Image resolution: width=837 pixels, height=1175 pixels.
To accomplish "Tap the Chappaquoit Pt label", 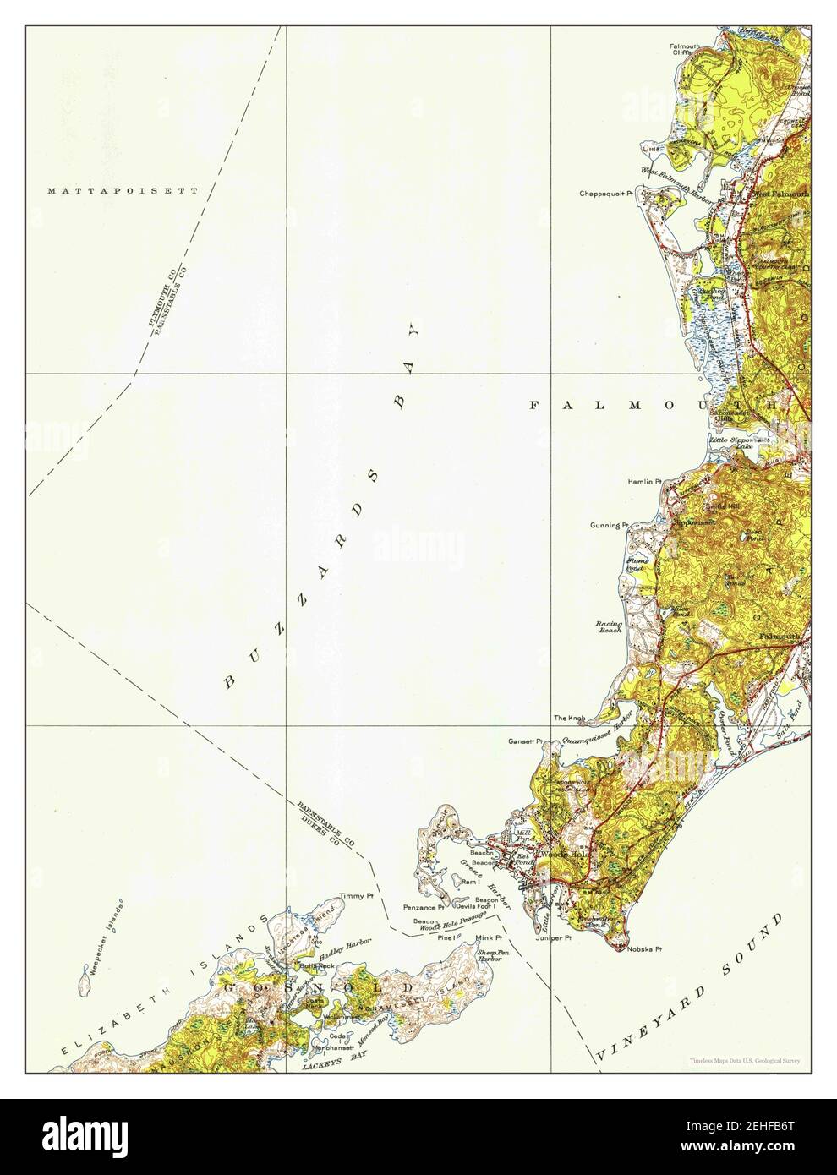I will click(x=606, y=194).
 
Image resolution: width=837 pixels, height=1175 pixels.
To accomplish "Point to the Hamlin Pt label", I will click(x=642, y=482).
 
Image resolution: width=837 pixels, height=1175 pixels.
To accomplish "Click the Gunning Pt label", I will click(x=609, y=525).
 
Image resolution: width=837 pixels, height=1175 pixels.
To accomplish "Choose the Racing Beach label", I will click(x=610, y=626).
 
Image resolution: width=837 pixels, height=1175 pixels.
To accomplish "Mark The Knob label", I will click(x=569, y=719).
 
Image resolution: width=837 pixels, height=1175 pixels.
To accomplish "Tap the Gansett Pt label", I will click(x=525, y=741).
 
